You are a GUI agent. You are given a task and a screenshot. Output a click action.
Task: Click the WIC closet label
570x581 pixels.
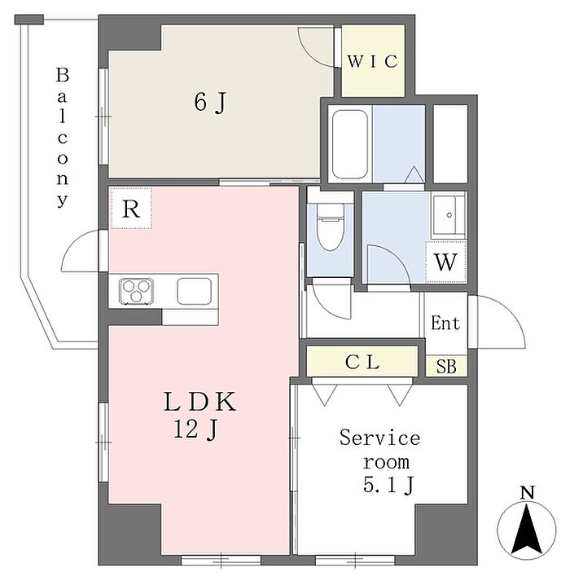click(x=373, y=61)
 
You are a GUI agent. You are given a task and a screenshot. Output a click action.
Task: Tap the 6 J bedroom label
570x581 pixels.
click(x=210, y=103)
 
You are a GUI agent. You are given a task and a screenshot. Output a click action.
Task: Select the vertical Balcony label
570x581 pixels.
click(x=62, y=137)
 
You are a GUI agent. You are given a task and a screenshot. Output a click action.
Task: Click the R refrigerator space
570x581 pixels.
click(x=131, y=209)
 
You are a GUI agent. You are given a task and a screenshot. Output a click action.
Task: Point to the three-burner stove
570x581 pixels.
click(x=136, y=291)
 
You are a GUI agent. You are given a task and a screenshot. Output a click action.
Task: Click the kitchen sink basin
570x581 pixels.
click(x=195, y=291)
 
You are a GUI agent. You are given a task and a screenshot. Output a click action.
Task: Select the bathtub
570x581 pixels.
click(x=350, y=143)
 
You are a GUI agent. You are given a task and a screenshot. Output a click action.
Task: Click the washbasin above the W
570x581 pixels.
click(x=449, y=215)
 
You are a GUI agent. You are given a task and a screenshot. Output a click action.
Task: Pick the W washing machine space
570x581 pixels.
click(x=445, y=262)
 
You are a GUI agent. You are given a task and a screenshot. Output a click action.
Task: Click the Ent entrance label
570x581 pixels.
click(x=445, y=323)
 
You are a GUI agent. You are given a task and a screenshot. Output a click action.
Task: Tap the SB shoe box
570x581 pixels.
click(x=446, y=366)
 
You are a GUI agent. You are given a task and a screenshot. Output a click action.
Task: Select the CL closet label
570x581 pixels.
click(x=362, y=362)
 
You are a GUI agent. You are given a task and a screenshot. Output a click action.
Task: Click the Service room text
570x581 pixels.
click(x=380, y=450)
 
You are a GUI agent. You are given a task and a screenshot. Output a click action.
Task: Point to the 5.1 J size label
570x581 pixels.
click(x=388, y=485)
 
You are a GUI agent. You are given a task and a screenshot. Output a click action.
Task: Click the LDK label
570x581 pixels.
click(x=200, y=402)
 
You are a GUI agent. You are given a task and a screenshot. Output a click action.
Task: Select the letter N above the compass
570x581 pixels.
click(x=528, y=493)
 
